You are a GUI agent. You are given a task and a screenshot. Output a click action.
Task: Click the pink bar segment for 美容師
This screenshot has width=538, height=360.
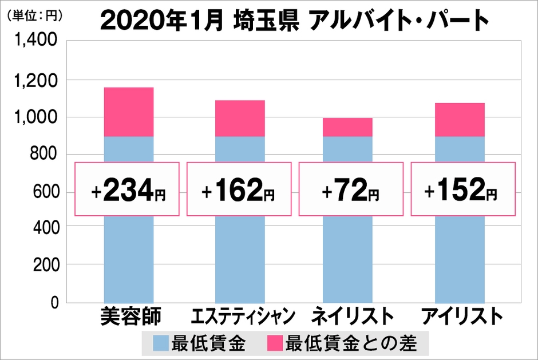pyautogui.click(x=128, y=112)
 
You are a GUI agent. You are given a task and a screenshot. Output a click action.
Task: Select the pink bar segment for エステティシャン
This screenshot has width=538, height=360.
pyautogui.click(x=240, y=118)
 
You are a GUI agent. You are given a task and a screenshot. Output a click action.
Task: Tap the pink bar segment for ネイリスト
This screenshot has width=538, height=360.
pyautogui.click(x=347, y=127)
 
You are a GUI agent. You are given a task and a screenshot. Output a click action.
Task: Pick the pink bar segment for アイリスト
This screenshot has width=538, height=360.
pyautogui.click(x=460, y=120)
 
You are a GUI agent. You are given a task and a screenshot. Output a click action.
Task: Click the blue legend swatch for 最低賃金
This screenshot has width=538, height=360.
pyautogui.click(x=161, y=343)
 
